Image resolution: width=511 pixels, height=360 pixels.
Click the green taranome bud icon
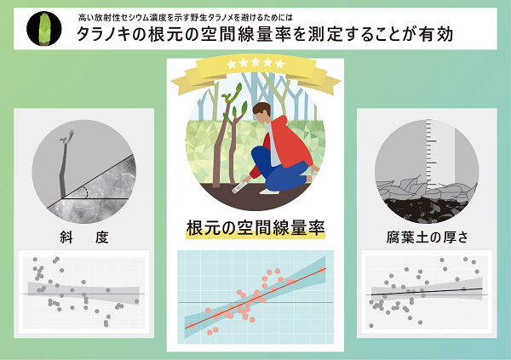(x=39, y=28)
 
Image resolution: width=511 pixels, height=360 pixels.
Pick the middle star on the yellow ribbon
(x=256, y=64)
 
